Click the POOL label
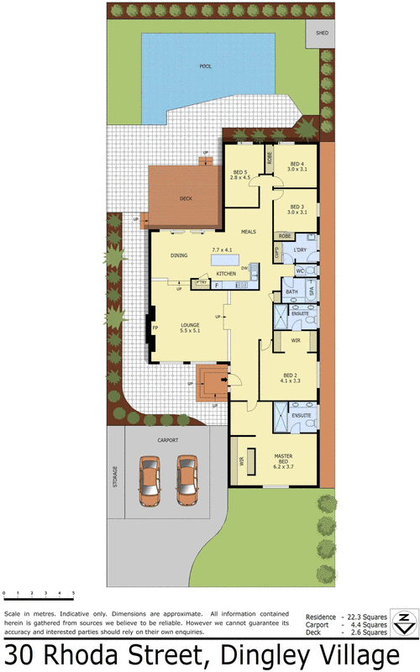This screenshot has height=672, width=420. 205,66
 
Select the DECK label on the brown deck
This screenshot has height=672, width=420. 186,199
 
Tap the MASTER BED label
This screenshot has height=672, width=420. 283,459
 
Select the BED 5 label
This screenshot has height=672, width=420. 241,175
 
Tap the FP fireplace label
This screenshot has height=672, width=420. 155,328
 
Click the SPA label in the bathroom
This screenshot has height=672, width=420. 310,291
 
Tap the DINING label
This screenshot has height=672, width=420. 179,255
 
